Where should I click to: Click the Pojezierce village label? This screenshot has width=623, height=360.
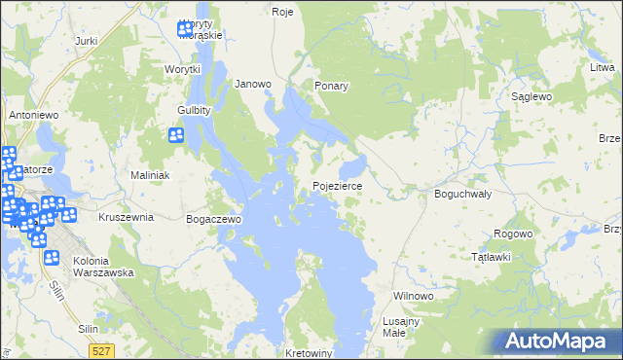point(338,185)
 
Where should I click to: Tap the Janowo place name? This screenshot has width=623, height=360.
point(253,84)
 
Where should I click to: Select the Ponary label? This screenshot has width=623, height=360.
point(331,86)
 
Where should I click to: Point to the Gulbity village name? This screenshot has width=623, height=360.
point(195,110)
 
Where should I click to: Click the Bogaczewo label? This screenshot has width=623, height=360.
point(213,219)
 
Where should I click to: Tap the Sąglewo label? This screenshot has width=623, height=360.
point(531,97)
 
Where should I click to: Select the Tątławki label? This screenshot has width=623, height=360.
point(491,257)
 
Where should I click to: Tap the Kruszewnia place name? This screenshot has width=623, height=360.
point(126,217)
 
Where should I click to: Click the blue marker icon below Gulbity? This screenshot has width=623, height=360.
point(177,136)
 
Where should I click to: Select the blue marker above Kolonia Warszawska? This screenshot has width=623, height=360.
point(52,258)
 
